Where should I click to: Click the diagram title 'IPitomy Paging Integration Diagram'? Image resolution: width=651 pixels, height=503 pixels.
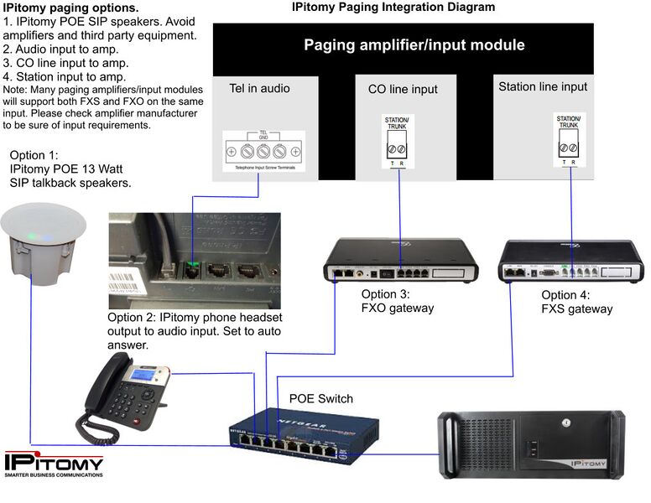click(x=393, y=8)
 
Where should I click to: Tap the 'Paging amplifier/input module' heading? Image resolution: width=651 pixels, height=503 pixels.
click(x=414, y=45)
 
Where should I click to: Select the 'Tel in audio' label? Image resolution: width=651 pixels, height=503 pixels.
click(x=259, y=88)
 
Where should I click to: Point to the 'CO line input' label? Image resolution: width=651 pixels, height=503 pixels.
click(x=403, y=89)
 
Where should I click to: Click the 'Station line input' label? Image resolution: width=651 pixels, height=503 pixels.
click(x=543, y=86)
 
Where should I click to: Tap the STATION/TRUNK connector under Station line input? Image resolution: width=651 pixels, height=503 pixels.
click(x=568, y=139)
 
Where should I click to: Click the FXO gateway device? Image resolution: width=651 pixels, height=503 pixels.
click(x=401, y=262)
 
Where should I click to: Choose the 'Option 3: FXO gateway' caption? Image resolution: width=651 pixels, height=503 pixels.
click(x=398, y=301)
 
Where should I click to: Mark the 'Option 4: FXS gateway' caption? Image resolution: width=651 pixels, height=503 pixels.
click(x=576, y=302)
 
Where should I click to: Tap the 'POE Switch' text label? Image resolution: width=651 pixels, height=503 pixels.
click(x=321, y=398)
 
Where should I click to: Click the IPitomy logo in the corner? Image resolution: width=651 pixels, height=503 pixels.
click(x=54, y=464)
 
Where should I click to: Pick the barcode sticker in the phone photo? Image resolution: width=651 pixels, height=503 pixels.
click(x=127, y=277)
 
